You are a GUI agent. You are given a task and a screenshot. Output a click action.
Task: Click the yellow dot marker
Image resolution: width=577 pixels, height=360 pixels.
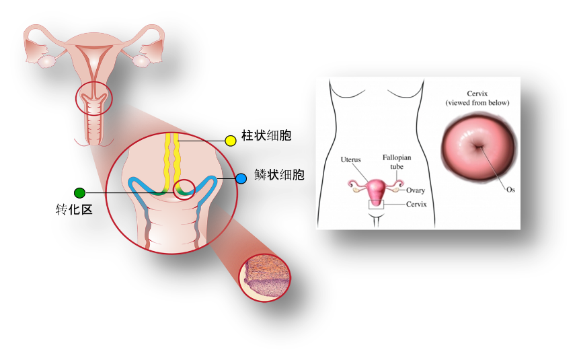230,141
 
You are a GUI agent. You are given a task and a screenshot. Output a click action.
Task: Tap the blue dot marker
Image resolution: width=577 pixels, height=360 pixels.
241,178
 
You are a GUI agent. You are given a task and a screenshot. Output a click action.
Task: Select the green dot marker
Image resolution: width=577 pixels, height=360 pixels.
80,193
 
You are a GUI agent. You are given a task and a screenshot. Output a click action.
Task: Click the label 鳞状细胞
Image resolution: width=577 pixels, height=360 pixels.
279,176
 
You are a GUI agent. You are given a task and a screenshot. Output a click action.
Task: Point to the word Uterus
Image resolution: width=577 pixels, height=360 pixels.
350,160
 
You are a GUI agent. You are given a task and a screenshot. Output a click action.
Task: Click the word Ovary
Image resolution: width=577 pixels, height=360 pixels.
416,190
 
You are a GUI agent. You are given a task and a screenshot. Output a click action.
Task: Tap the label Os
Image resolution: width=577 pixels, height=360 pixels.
510,190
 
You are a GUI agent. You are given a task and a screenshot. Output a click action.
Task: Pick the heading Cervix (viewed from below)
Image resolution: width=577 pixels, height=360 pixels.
477,98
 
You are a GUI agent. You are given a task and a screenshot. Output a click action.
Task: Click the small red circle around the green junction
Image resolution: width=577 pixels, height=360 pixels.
184,189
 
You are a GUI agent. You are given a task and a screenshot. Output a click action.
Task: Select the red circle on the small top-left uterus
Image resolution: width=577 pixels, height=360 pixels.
93,98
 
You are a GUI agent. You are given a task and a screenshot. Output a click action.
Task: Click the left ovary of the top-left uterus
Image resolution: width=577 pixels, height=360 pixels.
46,61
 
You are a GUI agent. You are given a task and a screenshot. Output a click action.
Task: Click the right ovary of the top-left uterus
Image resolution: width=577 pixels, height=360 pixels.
141,61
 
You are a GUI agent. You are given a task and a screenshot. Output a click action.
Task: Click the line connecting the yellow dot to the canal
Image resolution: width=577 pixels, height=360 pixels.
202,141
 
